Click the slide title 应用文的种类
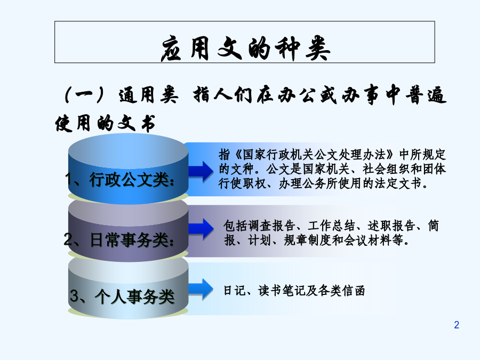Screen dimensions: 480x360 coord(245,48)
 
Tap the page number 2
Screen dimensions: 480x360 coord(457,325)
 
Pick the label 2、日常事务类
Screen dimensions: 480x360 coord(119,239)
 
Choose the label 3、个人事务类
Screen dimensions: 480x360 coord(122,297)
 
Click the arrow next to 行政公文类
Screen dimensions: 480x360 coord(201,171)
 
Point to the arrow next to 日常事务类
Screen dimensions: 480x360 coord(201,228)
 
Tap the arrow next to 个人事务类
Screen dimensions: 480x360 coord(201,289)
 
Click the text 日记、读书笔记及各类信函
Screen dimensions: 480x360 coord(294,291)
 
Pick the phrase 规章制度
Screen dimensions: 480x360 coord(308,241)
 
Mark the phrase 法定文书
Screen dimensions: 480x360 coord(398,183)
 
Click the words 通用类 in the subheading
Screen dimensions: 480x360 coord(149,95)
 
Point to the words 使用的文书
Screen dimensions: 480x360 coord(105,124)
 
